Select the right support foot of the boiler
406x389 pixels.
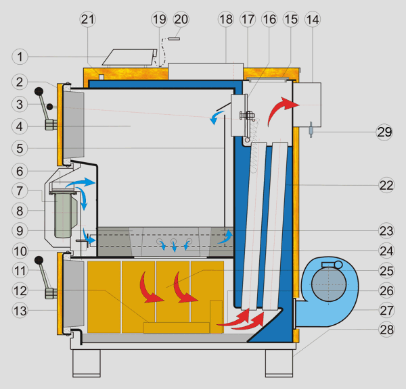click(x=279, y=364)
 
